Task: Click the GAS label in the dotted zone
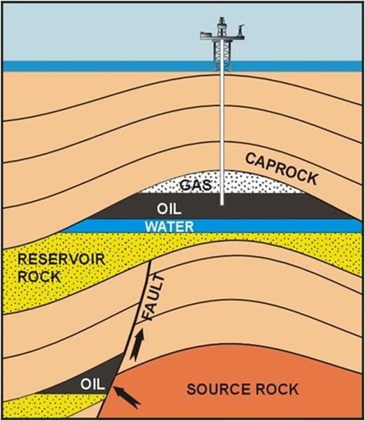[x=195, y=185]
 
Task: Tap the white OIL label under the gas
[x=169, y=208]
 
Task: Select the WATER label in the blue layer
[x=170, y=227]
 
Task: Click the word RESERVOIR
[x=62, y=260]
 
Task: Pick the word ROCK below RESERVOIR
[x=39, y=276]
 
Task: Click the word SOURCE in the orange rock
[x=217, y=389]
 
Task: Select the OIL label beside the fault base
[x=92, y=385]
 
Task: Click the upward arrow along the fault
[x=137, y=345]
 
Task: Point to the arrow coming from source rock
[x=127, y=397]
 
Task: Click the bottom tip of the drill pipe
[x=222, y=205]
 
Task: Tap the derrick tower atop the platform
[x=221, y=27]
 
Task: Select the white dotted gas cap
[x=222, y=183]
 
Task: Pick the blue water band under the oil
[x=212, y=225]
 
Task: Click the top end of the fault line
[x=151, y=261]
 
